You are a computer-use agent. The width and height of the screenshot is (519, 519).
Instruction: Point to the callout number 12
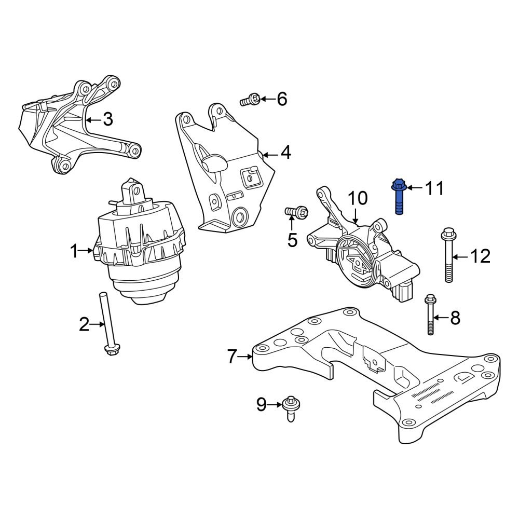point(480,256)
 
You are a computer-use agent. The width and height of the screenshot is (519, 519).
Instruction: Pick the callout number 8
point(455,318)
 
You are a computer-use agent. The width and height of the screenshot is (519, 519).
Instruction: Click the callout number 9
point(261,404)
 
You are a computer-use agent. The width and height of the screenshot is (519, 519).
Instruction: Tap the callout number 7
point(232,357)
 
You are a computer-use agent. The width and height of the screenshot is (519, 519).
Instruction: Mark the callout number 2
point(84,325)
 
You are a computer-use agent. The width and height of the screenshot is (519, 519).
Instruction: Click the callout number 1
point(74,252)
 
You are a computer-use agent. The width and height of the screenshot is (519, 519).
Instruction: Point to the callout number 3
point(107,120)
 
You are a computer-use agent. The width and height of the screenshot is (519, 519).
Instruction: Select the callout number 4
point(285,154)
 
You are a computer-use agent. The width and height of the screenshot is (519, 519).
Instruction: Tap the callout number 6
point(281,99)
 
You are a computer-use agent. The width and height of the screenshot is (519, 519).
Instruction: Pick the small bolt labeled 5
point(296,212)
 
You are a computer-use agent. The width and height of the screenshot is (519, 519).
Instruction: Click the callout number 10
point(357,198)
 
